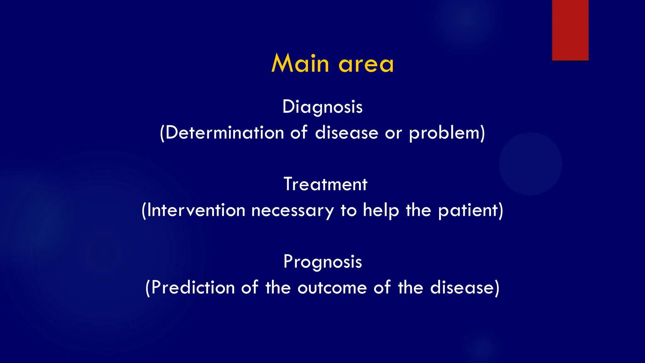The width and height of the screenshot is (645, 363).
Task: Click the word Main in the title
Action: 300,64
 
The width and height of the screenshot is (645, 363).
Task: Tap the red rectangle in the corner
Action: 570,30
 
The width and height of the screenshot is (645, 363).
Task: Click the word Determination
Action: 225,133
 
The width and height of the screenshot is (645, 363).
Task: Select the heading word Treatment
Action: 325,184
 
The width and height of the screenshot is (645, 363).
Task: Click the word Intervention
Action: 196,210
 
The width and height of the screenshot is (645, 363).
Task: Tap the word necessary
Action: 293,211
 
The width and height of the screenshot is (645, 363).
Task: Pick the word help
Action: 381,210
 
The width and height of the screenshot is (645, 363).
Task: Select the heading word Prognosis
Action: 322,262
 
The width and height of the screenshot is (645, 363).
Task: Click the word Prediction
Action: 193,288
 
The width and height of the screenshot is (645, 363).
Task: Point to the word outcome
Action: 332,288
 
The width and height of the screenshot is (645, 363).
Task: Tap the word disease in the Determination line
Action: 346,133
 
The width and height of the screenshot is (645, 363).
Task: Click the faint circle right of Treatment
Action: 531,164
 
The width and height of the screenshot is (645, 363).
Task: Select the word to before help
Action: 349,210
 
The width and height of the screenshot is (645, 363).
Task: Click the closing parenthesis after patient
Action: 501,211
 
